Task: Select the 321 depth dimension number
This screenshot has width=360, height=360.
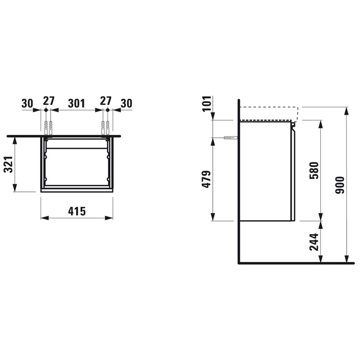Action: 9,164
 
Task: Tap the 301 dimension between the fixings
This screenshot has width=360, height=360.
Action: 77,103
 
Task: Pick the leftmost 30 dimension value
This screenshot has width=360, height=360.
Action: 27,103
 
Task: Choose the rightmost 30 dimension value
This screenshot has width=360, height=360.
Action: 126,103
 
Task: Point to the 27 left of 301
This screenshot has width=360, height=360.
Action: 48,101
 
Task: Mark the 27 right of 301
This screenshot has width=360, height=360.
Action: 105,101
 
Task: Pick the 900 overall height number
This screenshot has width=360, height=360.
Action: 340,185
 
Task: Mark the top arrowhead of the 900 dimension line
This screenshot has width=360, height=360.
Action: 347,110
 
